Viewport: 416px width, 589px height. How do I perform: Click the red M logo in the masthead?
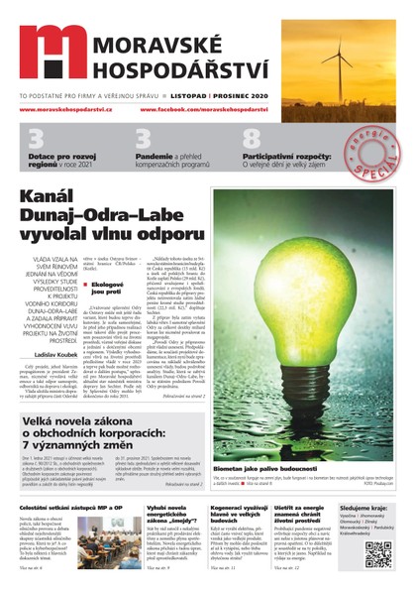click(x=51, y=52)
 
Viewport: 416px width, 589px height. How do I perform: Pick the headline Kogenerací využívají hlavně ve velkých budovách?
click(x=231, y=515)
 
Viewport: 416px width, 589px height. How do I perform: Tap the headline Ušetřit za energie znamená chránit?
click(x=298, y=515)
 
